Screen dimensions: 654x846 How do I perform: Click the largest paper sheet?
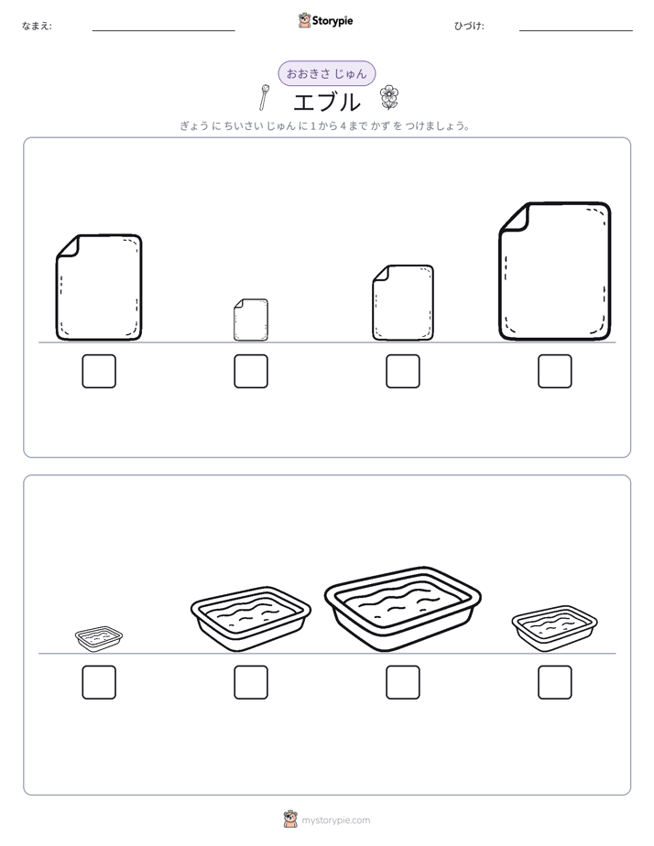point(555,271)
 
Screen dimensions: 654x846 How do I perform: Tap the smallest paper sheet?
point(251,320)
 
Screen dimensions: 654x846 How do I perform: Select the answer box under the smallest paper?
point(251,371)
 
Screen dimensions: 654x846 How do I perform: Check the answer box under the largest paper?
point(555,371)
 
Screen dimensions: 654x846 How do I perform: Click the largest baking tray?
point(402,608)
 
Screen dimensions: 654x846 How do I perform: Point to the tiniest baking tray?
point(99,638)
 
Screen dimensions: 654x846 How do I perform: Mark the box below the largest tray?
point(402,682)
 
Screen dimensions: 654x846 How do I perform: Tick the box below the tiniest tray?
point(99,682)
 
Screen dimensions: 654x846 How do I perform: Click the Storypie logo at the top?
point(325,21)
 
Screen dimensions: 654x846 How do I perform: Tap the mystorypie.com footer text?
point(335,820)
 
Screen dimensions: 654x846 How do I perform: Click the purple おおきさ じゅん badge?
point(326,73)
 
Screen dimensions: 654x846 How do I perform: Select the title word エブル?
point(326,102)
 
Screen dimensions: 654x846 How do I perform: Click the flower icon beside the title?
point(388,97)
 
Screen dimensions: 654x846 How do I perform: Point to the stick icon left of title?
point(263,98)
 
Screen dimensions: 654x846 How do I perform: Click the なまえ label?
point(37,26)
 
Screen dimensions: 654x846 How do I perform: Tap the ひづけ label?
point(469,26)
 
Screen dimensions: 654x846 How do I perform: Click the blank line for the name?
point(163,31)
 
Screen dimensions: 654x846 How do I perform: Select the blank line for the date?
point(576,31)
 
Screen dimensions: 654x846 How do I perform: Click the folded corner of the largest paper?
point(515,218)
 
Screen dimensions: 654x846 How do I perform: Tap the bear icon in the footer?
point(290,819)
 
